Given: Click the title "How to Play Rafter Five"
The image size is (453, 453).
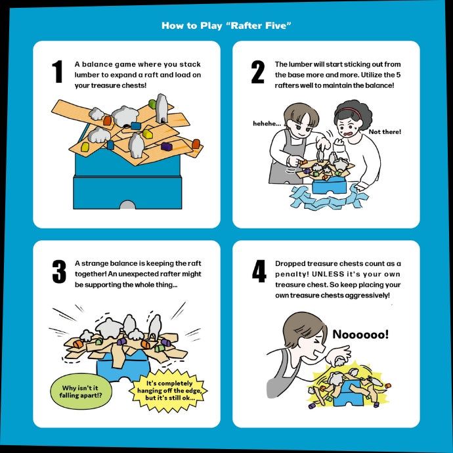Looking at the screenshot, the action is (226, 26).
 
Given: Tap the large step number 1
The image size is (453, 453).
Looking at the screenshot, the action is (57, 72).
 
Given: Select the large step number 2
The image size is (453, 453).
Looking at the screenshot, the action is (258, 72).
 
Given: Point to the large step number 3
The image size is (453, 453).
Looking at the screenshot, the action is (59, 271).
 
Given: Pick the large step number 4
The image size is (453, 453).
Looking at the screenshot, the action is (259, 271).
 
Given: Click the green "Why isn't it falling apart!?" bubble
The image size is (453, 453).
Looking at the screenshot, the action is (81, 391).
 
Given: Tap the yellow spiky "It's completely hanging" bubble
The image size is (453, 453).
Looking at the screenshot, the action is (169, 391).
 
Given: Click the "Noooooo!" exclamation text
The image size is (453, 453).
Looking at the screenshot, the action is (360, 334).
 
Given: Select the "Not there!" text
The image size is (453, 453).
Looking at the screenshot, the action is (385, 132).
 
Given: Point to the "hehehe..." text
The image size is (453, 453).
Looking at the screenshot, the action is (267, 123).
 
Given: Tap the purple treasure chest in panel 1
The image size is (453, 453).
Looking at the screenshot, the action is (166, 146).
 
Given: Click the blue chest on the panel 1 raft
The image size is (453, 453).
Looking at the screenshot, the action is (136, 126).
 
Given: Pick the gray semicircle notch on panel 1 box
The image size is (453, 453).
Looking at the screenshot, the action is (127, 205).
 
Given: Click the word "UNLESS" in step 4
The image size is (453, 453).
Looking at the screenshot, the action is (328, 274).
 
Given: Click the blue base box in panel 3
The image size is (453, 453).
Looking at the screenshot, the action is (123, 367).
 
